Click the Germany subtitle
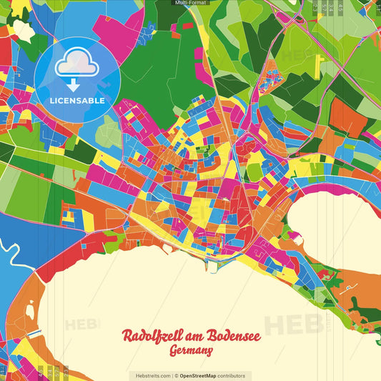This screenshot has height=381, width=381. click(x=191, y=351)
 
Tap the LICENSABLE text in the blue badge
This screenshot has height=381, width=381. click(x=76, y=101)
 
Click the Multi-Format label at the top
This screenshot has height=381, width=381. click(x=190, y=3)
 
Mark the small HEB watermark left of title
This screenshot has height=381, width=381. click(x=82, y=325)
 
